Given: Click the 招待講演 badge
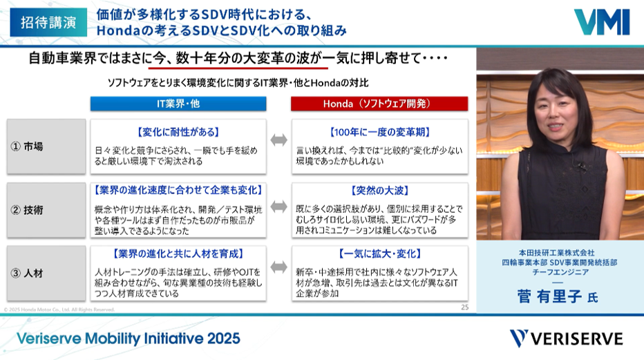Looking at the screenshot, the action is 48,22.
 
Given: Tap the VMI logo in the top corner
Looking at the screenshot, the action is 602,22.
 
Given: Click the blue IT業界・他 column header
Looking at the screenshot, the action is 178,104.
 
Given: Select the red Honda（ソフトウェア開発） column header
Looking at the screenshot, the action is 379,104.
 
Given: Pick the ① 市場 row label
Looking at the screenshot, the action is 46,146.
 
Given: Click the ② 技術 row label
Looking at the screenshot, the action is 46,210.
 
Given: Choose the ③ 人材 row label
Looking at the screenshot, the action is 46,274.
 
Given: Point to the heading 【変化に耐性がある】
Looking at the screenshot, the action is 178,132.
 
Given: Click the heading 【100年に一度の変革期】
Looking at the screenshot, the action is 380,132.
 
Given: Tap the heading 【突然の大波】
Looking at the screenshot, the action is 380,191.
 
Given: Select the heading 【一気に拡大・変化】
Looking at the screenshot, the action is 380,254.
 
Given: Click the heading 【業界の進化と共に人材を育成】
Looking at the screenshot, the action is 178,254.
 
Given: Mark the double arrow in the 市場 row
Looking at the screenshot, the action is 279,140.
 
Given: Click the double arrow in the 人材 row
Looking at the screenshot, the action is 279,267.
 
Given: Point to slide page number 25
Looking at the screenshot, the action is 464,307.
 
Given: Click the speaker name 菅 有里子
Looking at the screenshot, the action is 549,296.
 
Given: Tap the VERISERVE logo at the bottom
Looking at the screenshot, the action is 567,339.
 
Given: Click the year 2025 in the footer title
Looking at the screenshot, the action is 223,339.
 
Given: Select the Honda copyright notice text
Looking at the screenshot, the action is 59,310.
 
